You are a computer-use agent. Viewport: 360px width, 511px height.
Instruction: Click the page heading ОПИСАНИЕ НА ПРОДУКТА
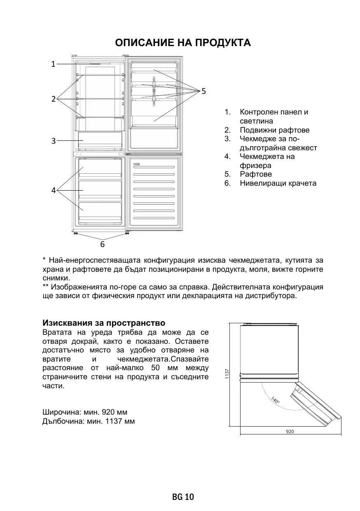tap(183, 43)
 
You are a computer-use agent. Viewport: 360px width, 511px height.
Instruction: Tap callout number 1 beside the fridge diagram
tap(53, 64)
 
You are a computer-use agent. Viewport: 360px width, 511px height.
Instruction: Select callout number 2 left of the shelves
tap(53, 99)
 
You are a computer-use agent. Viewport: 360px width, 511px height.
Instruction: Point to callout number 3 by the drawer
tap(53, 141)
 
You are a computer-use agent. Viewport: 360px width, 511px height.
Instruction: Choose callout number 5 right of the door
tap(203, 90)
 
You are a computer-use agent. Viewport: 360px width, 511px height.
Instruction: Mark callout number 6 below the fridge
tap(103, 245)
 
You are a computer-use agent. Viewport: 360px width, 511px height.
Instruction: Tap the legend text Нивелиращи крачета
tap(278, 183)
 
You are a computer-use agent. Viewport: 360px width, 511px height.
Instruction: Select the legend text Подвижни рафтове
tap(275, 130)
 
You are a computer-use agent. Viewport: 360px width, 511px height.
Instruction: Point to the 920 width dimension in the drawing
tap(290, 432)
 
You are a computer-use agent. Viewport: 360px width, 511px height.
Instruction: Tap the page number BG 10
tap(183, 497)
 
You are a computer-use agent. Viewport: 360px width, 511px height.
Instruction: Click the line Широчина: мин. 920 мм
tap(85, 412)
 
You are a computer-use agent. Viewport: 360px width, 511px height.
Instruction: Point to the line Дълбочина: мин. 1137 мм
tap(89, 421)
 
